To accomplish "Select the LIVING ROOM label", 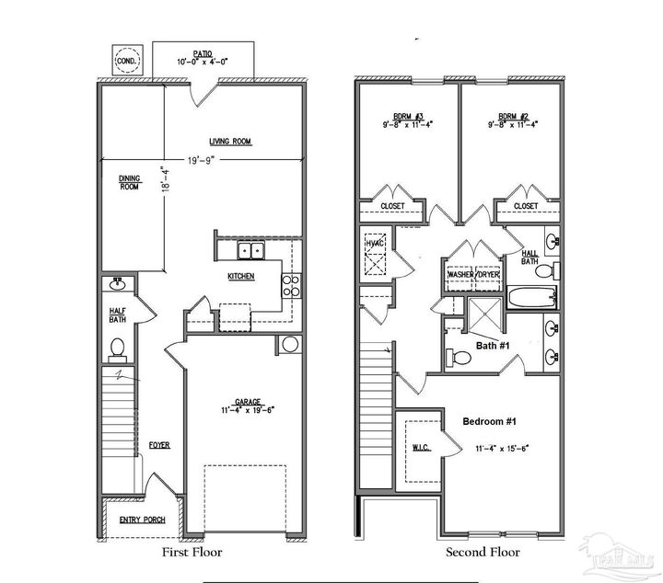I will coord(230,142).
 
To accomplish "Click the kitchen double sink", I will coord(250,251).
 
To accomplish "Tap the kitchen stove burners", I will coord(289,285).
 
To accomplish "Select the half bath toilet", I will coord(117,348).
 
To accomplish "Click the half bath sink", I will coord(119,283).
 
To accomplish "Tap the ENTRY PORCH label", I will coord(142,520).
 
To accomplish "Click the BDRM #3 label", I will coord(407,117).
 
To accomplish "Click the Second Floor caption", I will coord(483,553).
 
